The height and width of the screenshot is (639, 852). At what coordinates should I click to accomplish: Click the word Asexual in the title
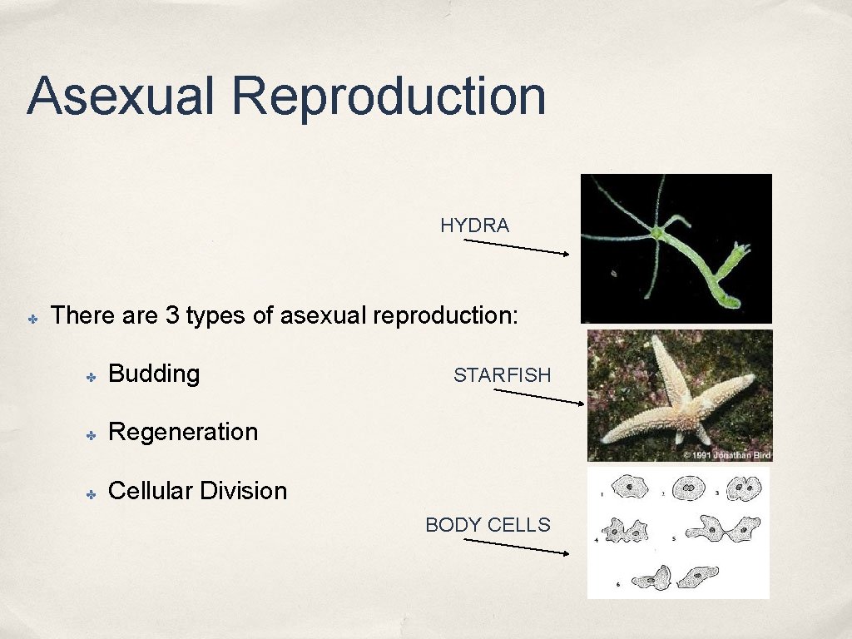(x=121, y=96)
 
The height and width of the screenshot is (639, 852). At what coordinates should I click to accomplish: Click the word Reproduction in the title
(x=389, y=97)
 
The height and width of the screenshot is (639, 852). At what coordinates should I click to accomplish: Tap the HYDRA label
(x=474, y=225)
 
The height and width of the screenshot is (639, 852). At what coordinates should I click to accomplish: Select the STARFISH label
(x=502, y=375)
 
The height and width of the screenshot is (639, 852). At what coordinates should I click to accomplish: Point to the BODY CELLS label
(x=488, y=525)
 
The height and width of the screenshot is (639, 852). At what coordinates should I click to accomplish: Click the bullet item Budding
(x=154, y=374)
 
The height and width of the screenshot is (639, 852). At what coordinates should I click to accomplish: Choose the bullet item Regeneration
(x=183, y=432)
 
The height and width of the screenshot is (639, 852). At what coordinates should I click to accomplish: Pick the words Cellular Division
(x=197, y=491)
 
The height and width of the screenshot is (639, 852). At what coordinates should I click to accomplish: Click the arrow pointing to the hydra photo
(x=516, y=248)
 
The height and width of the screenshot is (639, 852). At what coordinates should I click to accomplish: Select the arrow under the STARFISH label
(x=539, y=396)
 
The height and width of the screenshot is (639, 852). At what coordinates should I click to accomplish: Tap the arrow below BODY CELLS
(x=516, y=547)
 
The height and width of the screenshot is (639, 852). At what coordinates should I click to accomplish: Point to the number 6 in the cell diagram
(x=617, y=584)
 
